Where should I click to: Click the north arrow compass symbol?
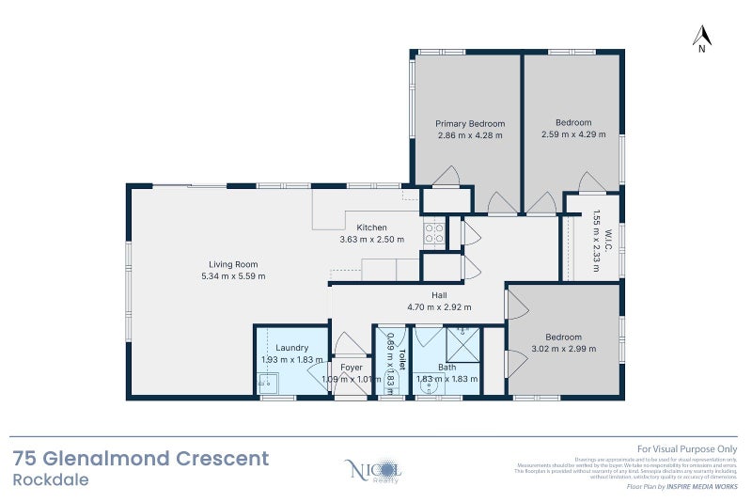point(701,38)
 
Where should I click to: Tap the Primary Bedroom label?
point(470,123)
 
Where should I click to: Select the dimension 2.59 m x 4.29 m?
point(572,134)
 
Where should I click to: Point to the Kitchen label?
point(371,227)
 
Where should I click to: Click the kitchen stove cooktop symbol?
point(433,231)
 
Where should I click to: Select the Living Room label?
point(233,264)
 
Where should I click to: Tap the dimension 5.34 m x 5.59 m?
point(233,276)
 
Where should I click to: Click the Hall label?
point(439,295)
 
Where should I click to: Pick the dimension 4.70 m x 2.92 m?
point(439,306)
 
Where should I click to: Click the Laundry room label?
point(292,348)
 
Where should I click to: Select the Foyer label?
point(352,368)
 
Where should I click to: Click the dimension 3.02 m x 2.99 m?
point(564,349)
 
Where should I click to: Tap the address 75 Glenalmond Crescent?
point(141,459)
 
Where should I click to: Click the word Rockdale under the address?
point(53,479)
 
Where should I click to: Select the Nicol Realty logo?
point(375,469)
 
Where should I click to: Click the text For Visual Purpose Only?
point(687,450)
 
